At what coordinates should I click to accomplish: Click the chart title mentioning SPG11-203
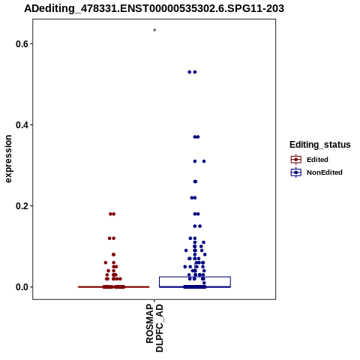[154, 8]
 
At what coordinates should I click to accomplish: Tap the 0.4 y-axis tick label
[21, 124]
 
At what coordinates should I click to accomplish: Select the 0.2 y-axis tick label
[21, 206]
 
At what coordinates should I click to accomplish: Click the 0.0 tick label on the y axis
[21, 287]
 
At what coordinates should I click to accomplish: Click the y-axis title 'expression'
[8, 159]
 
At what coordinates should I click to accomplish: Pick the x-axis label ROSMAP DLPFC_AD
[154, 328]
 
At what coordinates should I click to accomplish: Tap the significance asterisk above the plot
[154, 30]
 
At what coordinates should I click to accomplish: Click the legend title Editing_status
[320, 145]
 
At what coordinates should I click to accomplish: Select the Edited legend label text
[317, 160]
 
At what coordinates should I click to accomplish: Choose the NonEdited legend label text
[325, 172]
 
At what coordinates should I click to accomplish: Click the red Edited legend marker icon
[296, 159]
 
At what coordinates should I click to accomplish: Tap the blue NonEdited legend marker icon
[296, 172]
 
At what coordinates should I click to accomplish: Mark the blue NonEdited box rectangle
[195, 277]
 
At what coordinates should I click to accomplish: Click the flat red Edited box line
[114, 287]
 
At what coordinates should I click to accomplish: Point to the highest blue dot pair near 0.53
[192, 72]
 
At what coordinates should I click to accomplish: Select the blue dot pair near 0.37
[196, 136]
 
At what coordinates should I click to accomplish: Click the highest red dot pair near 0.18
[112, 214]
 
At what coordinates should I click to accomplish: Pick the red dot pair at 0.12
[112, 238]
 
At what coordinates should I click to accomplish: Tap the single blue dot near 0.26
[195, 181]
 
